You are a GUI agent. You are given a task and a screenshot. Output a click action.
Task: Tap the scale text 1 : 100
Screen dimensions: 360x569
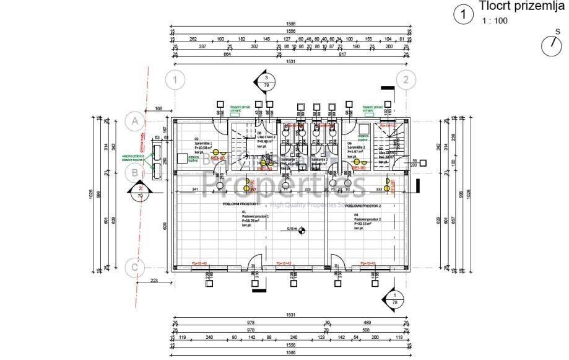click(495, 20)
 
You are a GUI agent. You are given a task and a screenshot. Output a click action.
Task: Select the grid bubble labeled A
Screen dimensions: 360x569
click(134, 121)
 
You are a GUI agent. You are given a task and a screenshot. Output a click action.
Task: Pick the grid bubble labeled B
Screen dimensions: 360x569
click(134, 172)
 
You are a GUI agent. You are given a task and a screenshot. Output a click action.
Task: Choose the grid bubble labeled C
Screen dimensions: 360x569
click(134, 268)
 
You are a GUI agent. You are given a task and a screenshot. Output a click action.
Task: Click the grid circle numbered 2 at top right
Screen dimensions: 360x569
click(406, 79)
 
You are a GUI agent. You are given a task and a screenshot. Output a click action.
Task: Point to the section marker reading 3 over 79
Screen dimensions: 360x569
click(266, 81)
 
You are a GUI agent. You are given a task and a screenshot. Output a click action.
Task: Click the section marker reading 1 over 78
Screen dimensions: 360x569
click(394, 299)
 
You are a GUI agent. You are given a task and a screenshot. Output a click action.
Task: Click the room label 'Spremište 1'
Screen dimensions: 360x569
click(204, 143)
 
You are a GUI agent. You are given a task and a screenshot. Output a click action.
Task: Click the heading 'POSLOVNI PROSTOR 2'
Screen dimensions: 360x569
click(363, 206)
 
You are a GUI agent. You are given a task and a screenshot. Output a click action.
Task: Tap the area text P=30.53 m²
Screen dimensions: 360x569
click(367, 224)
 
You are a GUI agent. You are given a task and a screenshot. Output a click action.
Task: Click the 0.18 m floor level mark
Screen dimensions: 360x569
click(292, 229)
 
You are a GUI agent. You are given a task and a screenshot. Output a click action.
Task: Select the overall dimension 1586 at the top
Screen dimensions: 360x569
click(291, 24)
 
